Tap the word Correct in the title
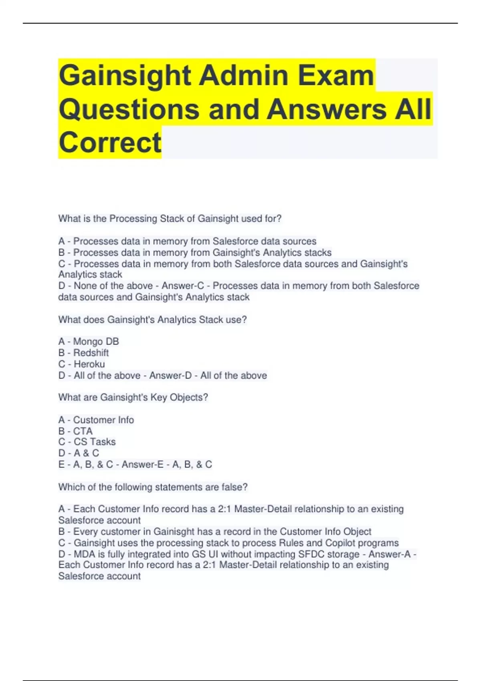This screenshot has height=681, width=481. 110,143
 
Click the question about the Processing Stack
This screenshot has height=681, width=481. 170,219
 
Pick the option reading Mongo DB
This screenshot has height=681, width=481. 89,341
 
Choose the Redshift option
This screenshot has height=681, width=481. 83,353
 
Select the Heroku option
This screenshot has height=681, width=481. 81,364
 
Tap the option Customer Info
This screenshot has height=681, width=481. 96,420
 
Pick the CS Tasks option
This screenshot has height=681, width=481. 87,442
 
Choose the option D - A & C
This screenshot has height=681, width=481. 79,453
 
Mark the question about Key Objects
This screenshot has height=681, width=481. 133,397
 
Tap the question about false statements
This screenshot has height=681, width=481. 153,487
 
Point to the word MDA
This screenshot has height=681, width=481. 84,554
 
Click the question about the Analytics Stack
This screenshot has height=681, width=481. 152,320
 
